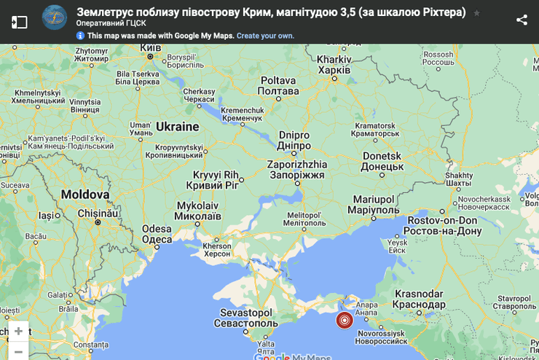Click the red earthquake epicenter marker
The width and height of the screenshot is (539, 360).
coord(345,320)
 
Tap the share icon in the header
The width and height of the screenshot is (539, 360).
coord(522,20)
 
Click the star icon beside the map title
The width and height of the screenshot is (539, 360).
coord(476,13)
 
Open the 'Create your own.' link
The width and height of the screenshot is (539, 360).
coord(265,35)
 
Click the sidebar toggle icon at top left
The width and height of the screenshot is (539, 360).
coord(19,21)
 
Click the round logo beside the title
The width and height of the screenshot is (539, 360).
coord(54,17)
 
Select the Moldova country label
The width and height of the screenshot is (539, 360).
coord(84,195)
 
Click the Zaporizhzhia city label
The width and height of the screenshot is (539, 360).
coord(297,170)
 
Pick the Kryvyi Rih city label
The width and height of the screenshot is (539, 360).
coord(216,180)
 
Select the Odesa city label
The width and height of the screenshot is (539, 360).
coord(157,234)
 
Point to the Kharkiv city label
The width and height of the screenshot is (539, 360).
coord(334,65)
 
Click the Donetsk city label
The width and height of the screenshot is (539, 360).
coord(382,161)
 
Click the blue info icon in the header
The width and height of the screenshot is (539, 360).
coord(80,35)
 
